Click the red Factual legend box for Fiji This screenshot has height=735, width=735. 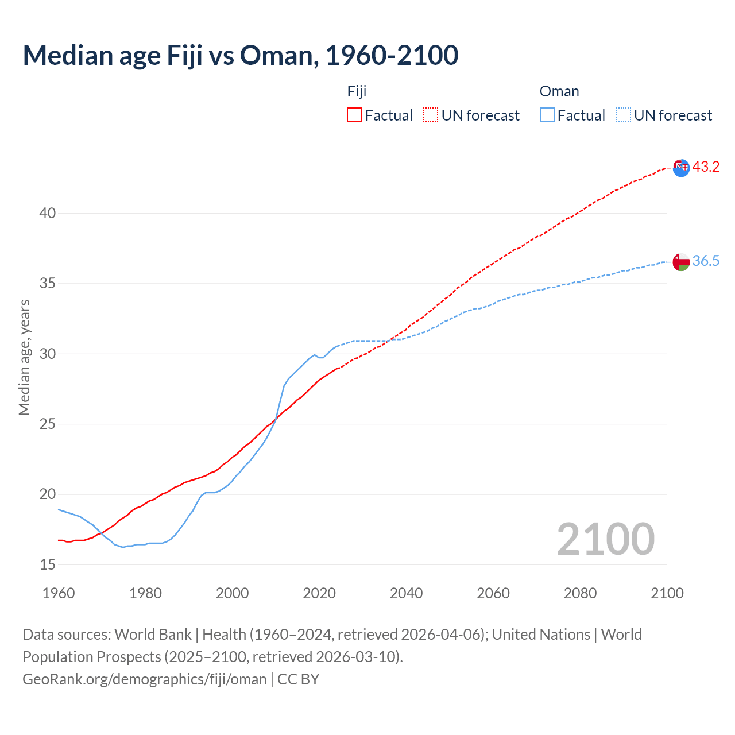354,115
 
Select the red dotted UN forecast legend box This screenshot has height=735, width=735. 431,115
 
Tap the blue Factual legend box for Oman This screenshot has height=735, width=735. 547,115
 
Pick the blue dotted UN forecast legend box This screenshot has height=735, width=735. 624,115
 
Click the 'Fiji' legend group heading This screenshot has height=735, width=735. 357,91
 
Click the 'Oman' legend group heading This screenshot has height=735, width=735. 559,91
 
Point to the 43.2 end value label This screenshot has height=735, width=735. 706,167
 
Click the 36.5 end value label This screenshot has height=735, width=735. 706,261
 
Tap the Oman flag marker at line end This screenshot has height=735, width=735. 681,262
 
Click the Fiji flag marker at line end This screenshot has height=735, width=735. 681,168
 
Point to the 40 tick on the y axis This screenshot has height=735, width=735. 48,214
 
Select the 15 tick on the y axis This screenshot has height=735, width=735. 48,565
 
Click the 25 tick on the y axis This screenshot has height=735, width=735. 48,424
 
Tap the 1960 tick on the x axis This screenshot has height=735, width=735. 59,593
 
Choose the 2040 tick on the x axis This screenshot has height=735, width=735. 406,593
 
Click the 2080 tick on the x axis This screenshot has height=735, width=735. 580,593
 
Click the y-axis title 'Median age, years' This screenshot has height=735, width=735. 24,357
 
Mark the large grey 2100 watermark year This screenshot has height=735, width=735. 605,539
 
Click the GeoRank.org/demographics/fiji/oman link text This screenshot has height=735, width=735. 144,679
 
